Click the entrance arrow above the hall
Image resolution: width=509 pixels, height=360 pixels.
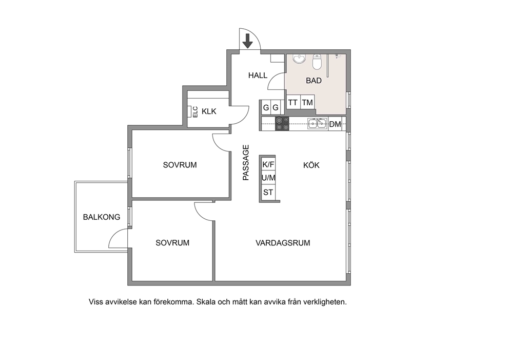coord(248,41)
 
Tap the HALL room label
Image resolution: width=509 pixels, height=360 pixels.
coord(258,75)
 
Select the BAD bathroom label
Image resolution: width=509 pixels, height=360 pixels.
coord(314,81)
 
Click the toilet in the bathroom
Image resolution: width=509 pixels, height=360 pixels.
coord(317,62)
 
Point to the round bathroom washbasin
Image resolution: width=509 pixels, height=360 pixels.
coord(299,59)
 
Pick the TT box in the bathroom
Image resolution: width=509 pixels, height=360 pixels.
coord(293,103)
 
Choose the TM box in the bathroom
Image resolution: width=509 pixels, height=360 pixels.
coord(307,103)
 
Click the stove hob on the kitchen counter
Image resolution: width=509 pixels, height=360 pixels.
coord(282,123)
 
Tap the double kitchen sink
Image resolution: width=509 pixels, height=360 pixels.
coord(318,123)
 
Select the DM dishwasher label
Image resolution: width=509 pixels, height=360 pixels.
coord(335,124)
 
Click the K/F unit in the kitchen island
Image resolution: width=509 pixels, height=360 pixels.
coord(268,164)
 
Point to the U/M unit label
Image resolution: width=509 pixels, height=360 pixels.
coord(268,178)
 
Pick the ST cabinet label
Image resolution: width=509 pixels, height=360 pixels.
coord(268,193)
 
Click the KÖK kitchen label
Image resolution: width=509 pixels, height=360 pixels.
coord(311,165)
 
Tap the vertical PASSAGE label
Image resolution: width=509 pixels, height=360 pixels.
coord(246,162)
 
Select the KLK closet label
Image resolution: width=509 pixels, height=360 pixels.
coord(209,111)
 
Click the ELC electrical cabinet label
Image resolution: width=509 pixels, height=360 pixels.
coord(195,112)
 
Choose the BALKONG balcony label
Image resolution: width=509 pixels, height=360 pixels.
coord(102,217)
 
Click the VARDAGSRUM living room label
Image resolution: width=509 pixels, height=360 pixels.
coord(283,243)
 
